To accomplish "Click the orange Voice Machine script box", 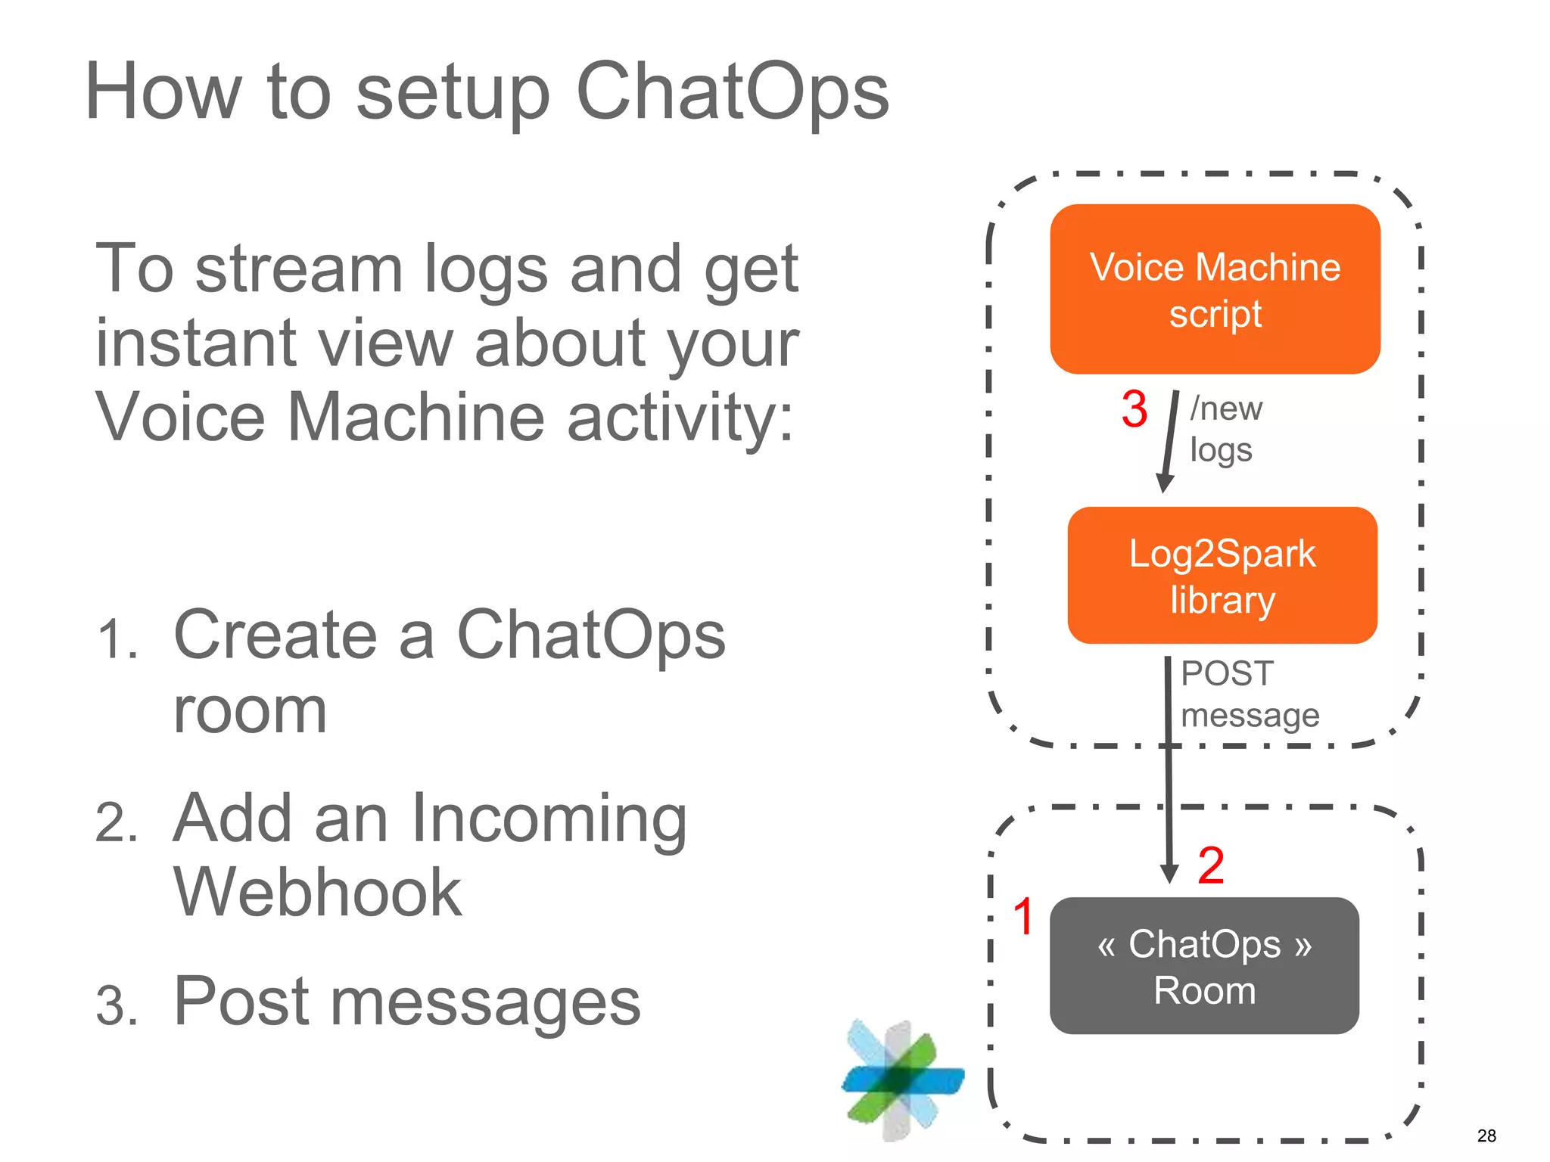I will [x=1214, y=289].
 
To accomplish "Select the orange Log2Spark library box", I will [x=1222, y=576].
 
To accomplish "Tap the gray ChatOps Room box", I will [x=1204, y=966].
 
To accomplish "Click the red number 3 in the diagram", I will [x=1134, y=409].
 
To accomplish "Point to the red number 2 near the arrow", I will [x=1210, y=865].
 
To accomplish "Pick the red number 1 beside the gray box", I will [x=1023, y=916].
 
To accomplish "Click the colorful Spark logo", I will [x=901, y=1080].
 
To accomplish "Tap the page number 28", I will [x=1486, y=1136].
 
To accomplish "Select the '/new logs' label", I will [x=1225, y=429].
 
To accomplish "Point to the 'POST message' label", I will [x=1249, y=694].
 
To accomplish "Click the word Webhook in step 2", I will [x=317, y=893].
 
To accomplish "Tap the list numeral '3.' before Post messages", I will [x=117, y=1007].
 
